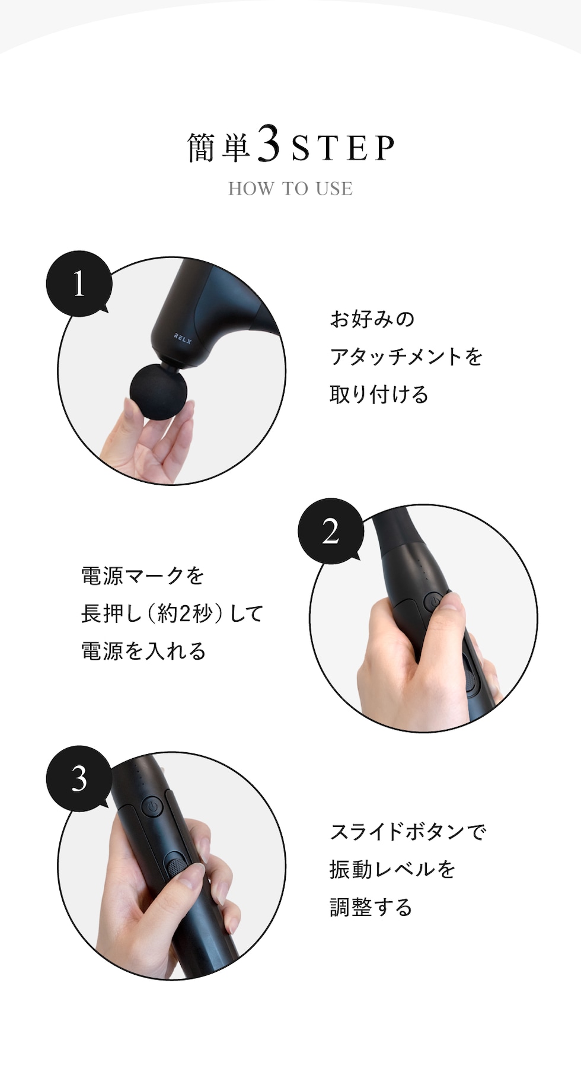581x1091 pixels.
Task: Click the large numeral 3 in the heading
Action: click(x=269, y=143)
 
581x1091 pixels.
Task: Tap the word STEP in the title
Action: click(x=343, y=148)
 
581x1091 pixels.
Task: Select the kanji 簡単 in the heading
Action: click(x=219, y=147)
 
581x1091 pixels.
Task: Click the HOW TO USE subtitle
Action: click(x=290, y=189)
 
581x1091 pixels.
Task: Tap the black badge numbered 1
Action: click(x=79, y=284)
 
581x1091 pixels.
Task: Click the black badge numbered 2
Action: click(x=331, y=531)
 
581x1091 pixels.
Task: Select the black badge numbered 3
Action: click(x=79, y=778)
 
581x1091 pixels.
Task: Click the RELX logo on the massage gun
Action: click(x=183, y=338)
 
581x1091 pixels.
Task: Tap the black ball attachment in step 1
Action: click(x=158, y=392)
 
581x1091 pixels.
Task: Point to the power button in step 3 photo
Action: click(x=152, y=807)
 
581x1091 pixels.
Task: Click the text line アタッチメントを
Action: click(x=406, y=357)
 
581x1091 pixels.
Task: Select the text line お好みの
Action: click(x=372, y=319)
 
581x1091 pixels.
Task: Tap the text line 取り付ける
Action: click(x=379, y=395)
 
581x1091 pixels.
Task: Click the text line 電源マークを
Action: click(x=142, y=575)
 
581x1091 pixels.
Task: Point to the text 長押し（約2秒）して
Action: click(x=172, y=613)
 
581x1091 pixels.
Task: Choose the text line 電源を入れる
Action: click(x=143, y=651)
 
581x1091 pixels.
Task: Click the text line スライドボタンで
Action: click(x=408, y=832)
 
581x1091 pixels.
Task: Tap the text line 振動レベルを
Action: click(x=392, y=870)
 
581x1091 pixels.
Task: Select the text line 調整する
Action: click(x=371, y=908)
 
